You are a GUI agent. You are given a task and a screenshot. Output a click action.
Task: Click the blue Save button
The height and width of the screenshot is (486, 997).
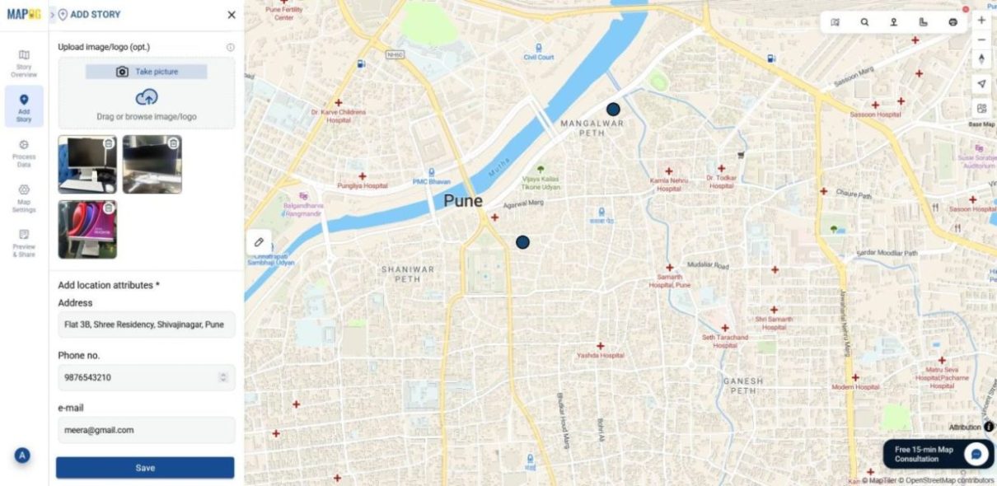tap(145, 468)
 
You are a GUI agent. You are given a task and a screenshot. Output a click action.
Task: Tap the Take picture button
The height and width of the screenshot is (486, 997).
tap(147, 72)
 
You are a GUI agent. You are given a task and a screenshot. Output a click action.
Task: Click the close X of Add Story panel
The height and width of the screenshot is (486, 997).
tap(232, 15)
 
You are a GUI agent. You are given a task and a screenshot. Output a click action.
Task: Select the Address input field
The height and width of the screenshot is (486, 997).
tap(146, 325)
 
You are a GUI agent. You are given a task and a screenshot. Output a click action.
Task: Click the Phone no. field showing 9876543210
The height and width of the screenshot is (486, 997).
tap(140, 377)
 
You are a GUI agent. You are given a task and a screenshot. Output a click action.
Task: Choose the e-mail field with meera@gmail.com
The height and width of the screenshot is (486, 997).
tap(146, 429)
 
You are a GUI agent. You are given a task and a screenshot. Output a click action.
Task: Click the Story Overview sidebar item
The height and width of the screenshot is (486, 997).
tap(24, 63)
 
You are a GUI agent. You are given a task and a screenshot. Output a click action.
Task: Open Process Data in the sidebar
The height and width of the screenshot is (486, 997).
tap(24, 153)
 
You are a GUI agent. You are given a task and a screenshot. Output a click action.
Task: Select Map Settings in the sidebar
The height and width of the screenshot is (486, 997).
tap(24, 199)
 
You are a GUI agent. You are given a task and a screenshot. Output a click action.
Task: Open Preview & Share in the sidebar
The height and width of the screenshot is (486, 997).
tap(24, 243)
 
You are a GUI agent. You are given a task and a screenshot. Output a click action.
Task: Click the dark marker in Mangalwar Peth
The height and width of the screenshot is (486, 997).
tap(613, 109)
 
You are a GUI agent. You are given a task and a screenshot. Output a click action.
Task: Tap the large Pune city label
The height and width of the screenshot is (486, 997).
tap(463, 200)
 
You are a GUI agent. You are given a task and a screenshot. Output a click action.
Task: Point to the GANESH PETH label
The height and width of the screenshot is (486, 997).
tap(742, 386)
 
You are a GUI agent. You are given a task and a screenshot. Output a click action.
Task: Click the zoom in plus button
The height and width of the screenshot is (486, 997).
tap(981, 20)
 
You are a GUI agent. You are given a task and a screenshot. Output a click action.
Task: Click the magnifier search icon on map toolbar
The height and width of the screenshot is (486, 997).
tap(864, 22)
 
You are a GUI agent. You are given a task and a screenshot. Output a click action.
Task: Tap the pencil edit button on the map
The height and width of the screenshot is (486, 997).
tap(259, 242)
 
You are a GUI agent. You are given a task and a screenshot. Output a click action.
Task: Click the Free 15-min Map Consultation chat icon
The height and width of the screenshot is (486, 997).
tap(977, 454)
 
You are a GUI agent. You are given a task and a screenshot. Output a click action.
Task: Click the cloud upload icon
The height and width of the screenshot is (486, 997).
tap(147, 98)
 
